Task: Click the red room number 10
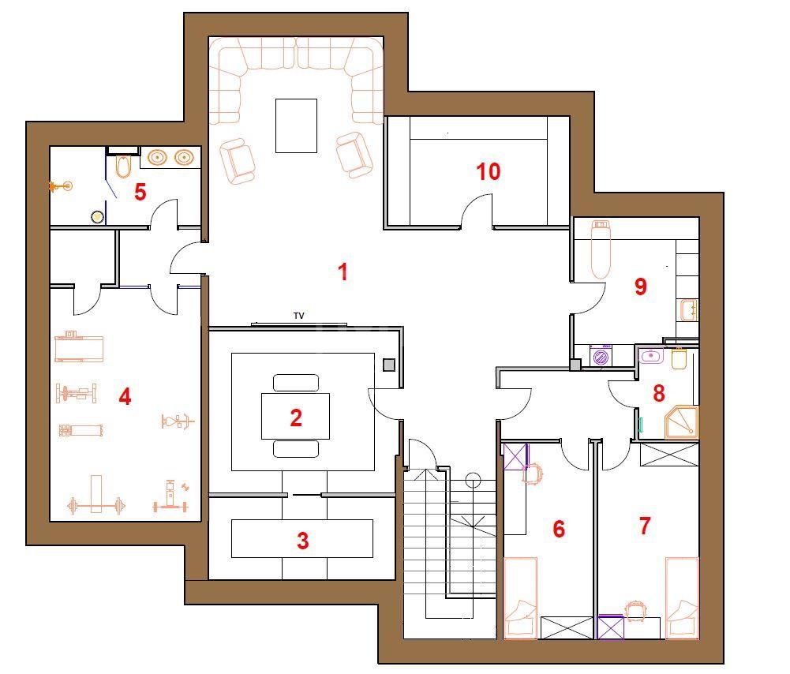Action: tap(489, 171)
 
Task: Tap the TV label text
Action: tap(299, 316)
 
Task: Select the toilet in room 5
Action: tap(122, 167)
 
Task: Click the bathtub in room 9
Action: tap(601, 249)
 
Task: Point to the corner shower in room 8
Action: tap(681, 422)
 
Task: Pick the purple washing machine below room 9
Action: tap(601, 358)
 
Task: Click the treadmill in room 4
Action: tap(79, 346)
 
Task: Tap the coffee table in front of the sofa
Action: tap(296, 125)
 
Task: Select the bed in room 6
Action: tap(520, 598)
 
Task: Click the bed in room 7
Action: tap(682, 598)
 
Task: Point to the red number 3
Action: tap(302, 541)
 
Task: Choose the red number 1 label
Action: tap(343, 272)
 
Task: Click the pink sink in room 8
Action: tap(651, 356)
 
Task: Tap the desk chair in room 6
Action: tap(534, 474)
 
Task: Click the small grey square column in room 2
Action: tap(389, 365)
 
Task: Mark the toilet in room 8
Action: tap(680, 358)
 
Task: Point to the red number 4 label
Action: tap(125, 396)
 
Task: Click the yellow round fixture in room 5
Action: tap(97, 217)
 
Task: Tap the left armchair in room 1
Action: tap(237, 161)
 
